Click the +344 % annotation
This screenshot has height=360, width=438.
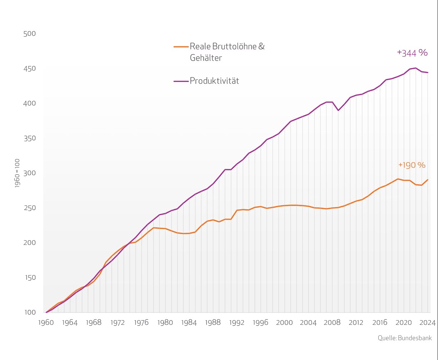[412, 53]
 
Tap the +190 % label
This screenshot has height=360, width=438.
[412, 165]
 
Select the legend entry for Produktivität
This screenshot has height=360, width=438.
[214, 81]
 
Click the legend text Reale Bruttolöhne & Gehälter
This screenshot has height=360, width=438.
[227, 52]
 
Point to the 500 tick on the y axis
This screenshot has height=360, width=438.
[30, 34]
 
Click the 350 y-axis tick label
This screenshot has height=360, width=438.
[30, 138]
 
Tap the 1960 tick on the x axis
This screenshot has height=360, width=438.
[46, 322]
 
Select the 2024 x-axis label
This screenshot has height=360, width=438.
[427, 322]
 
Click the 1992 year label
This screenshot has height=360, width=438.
[237, 322]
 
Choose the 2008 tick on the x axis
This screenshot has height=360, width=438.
[332, 322]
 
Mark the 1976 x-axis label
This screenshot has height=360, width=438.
[141, 322]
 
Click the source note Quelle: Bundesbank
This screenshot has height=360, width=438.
[405, 338]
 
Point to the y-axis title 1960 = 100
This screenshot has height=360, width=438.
[17, 173]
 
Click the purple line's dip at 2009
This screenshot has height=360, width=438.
[338, 110]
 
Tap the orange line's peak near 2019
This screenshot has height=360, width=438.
[398, 179]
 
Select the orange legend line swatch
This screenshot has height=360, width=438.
[181, 46]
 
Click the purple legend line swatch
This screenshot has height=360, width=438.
[181, 81]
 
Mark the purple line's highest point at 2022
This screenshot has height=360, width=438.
[416, 68]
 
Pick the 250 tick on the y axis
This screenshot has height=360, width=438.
[30, 208]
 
